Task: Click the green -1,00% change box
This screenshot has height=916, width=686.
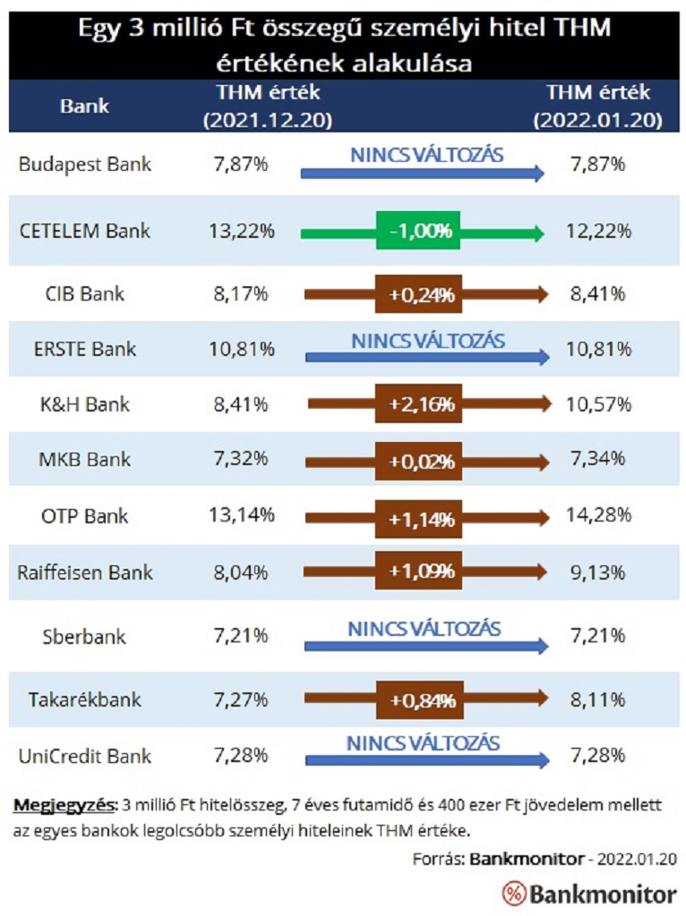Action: [418, 232]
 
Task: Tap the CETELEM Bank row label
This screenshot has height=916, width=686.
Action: [85, 231]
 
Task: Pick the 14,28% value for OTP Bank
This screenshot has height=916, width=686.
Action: [599, 515]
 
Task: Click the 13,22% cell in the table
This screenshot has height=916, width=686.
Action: [242, 231]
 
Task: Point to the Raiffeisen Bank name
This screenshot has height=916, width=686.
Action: [85, 572]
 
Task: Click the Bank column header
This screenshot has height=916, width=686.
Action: [85, 106]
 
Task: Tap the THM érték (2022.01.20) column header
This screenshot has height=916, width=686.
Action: [599, 106]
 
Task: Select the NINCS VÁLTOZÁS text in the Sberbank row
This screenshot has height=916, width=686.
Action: [424, 628]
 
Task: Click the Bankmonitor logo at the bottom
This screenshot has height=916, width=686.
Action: [588, 893]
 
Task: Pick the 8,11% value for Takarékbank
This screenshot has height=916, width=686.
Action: [599, 700]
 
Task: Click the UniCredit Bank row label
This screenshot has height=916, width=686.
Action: [85, 756]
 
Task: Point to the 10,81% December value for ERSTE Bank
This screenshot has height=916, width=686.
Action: [242, 349]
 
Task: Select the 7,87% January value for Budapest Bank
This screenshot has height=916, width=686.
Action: [599, 165]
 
